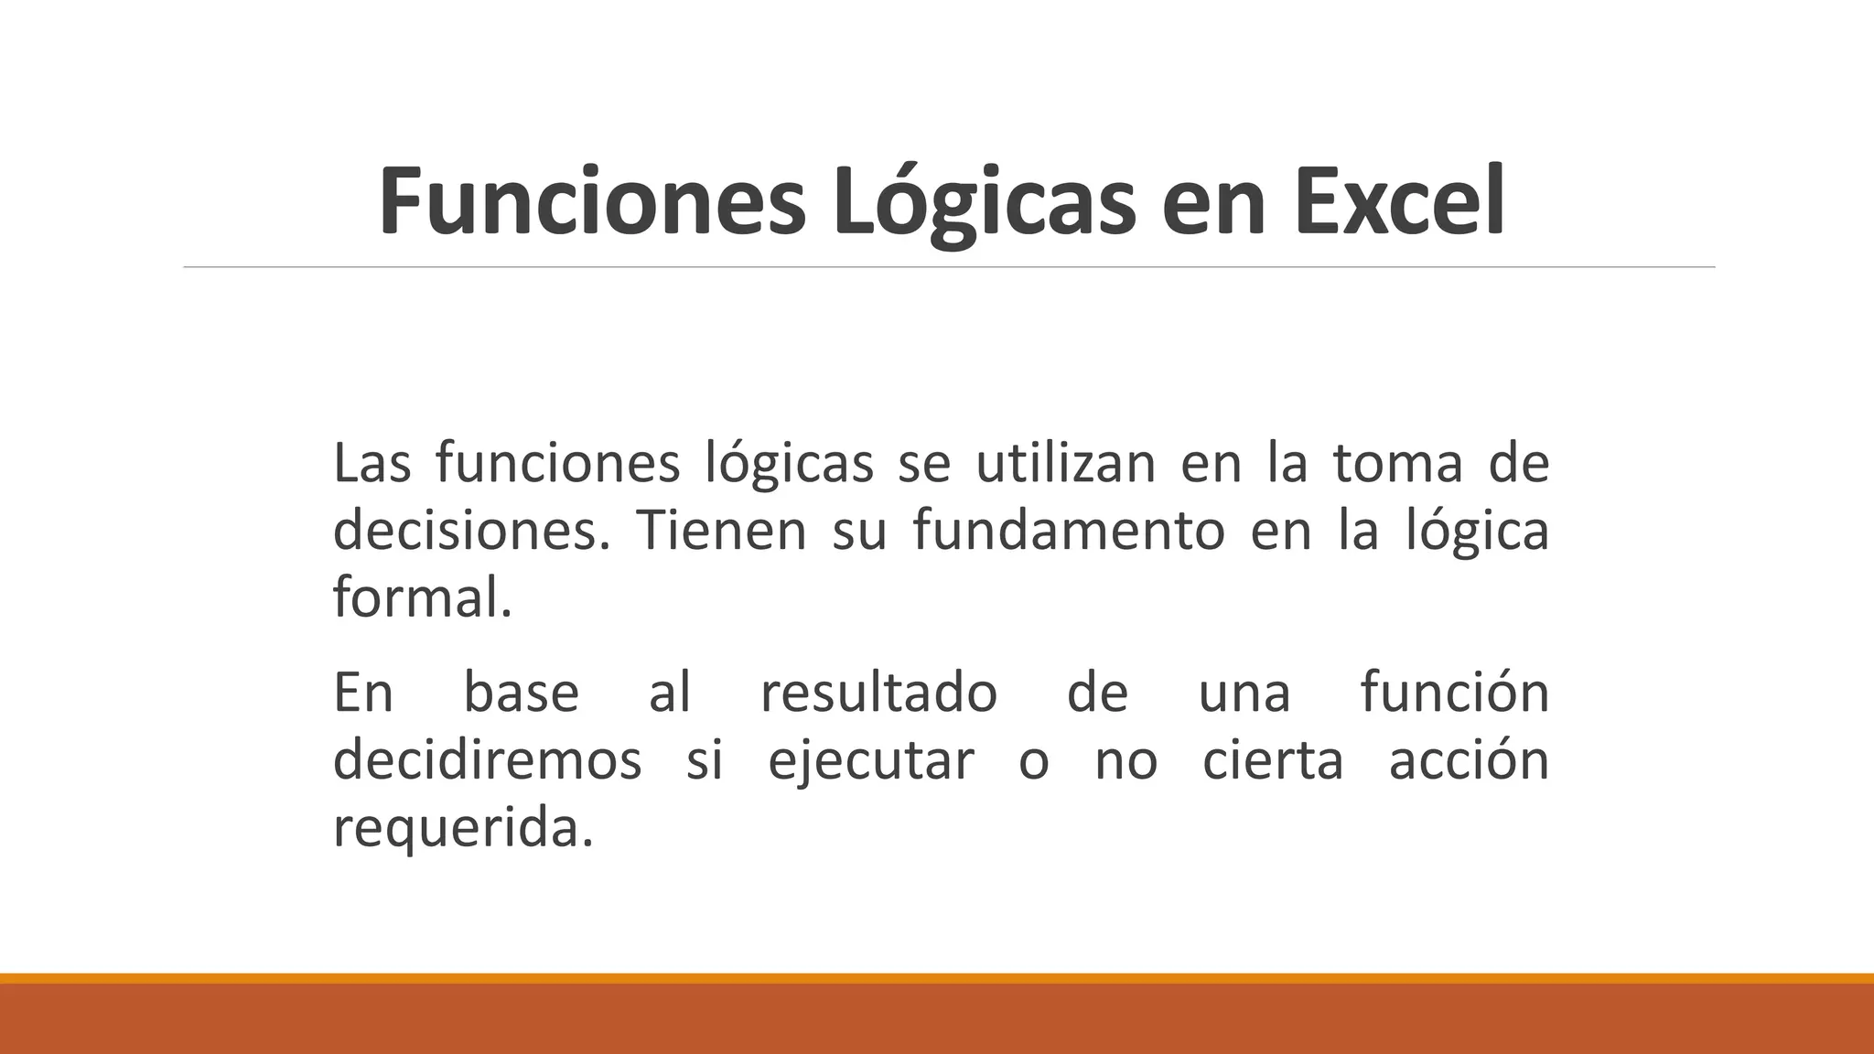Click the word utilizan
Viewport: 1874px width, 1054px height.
coord(1065,463)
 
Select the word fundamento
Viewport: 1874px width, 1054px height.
coord(1069,531)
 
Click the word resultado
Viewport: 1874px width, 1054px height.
coord(878,692)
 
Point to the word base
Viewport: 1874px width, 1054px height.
coord(521,692)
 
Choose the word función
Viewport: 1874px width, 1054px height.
coord(1454,692)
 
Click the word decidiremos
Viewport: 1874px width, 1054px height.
coord(488,760)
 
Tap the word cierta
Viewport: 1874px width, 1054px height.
coord(1272,760)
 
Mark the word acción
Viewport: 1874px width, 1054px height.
coord(1468,760)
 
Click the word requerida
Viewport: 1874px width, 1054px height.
coord(463,829)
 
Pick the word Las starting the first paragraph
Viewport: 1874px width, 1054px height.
coord(372,463)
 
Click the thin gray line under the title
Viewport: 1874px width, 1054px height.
coord(949,267)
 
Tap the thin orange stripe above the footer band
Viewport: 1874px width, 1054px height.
coord(937,978)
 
